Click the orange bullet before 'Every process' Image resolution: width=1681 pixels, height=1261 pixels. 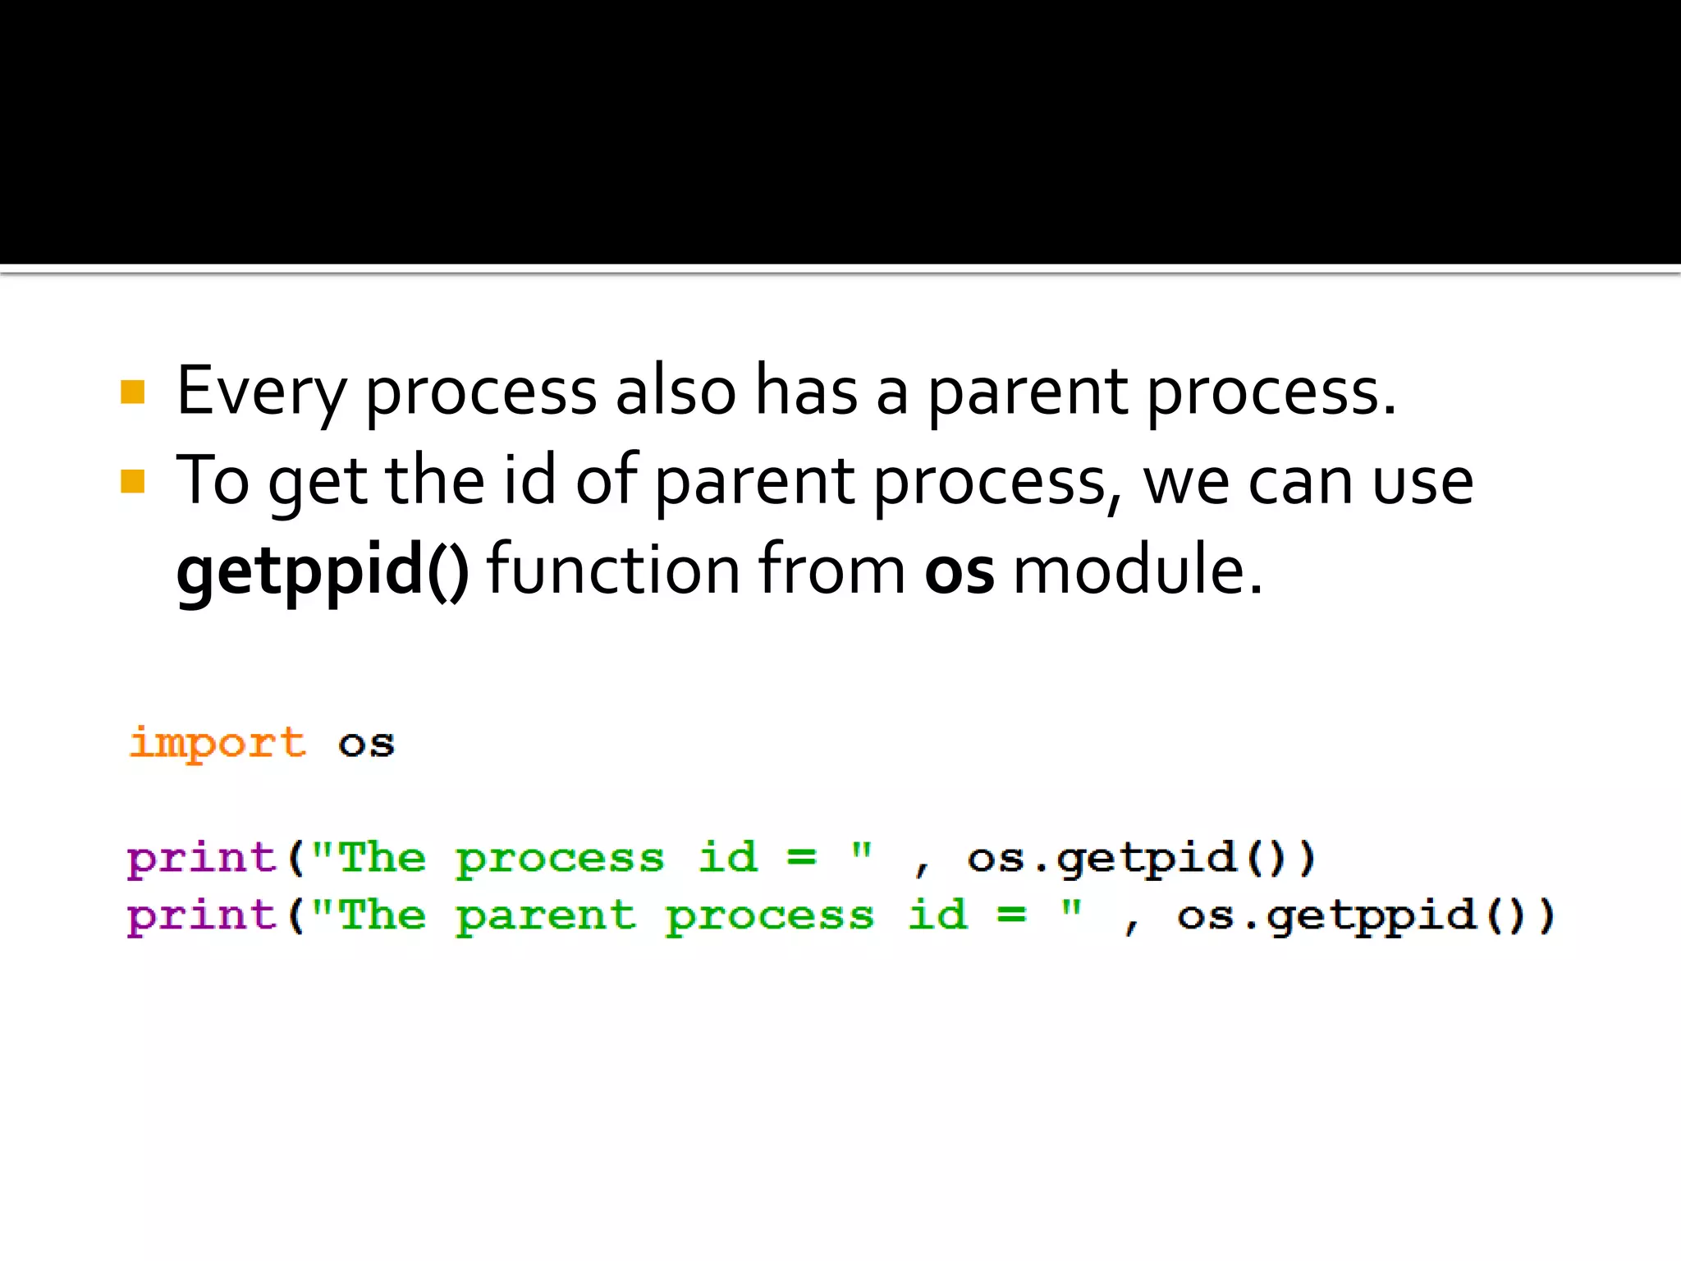pos(132,392)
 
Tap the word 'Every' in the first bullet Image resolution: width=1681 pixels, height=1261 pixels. pos(261,392)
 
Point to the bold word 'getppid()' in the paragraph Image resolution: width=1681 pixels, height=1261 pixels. pos(323,570)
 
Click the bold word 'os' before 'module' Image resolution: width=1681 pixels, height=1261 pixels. pos(959,570)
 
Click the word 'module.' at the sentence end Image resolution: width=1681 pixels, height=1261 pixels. pos(1138,570)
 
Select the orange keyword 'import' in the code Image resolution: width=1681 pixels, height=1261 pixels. pos(218,744)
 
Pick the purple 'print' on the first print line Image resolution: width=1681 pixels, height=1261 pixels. pos(201,859)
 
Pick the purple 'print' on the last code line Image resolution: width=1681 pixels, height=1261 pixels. pos(201,916)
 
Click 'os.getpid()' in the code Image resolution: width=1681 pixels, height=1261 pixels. pos(1141,859)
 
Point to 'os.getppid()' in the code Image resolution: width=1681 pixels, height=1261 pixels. pos(1365,916)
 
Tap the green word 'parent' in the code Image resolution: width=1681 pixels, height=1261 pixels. pos(546,916)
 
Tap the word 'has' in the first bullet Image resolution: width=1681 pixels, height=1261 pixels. pos(806,391)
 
